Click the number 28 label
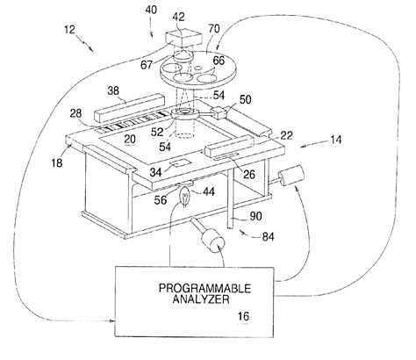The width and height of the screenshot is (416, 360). point(76,112)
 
